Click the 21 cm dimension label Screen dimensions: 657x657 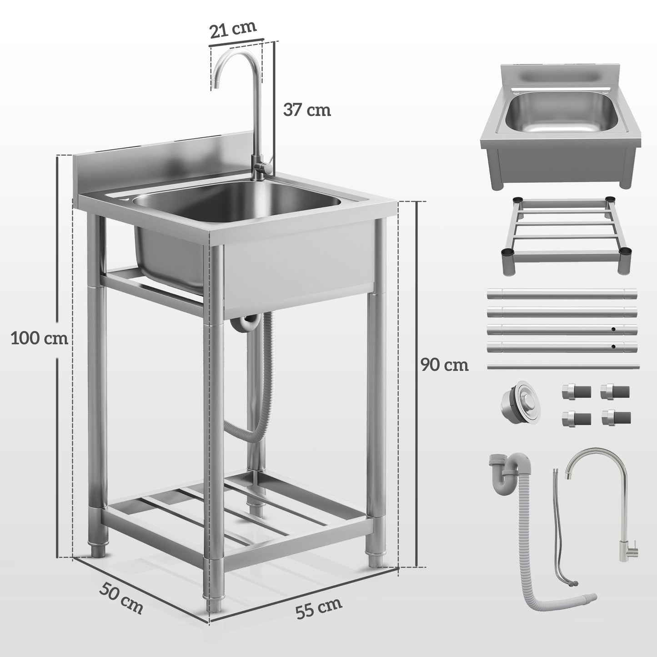click(x=233, y=29)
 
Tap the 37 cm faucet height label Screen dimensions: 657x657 click(x=307, y=110)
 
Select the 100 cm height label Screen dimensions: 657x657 click(x=39, y=338)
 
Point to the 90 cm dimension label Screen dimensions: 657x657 click(x=444, y=365)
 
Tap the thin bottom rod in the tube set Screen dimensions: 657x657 click(x=562, y=366)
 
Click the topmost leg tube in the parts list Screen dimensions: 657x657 click(x=562, y=294)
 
